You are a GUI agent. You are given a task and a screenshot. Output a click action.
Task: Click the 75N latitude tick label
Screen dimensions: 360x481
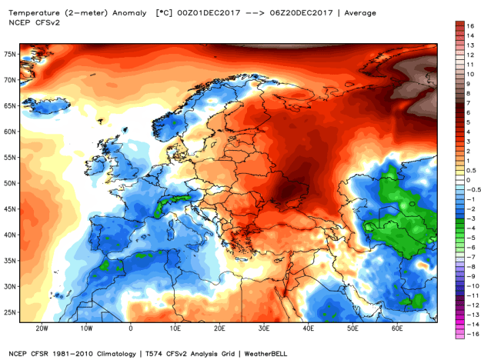(x=10, y=55)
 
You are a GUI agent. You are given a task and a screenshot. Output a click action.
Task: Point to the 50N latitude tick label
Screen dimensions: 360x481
(x=10, y=183)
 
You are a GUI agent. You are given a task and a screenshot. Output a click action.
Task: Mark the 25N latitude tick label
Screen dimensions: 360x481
(x=10, y=312)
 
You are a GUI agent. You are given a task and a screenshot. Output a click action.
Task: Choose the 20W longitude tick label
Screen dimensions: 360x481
(x=42, y=328)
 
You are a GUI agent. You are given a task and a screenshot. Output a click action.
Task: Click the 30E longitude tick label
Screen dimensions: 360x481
(x=262, y=328)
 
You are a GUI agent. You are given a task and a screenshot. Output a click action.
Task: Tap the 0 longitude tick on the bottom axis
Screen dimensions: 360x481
(x=130, y=328)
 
